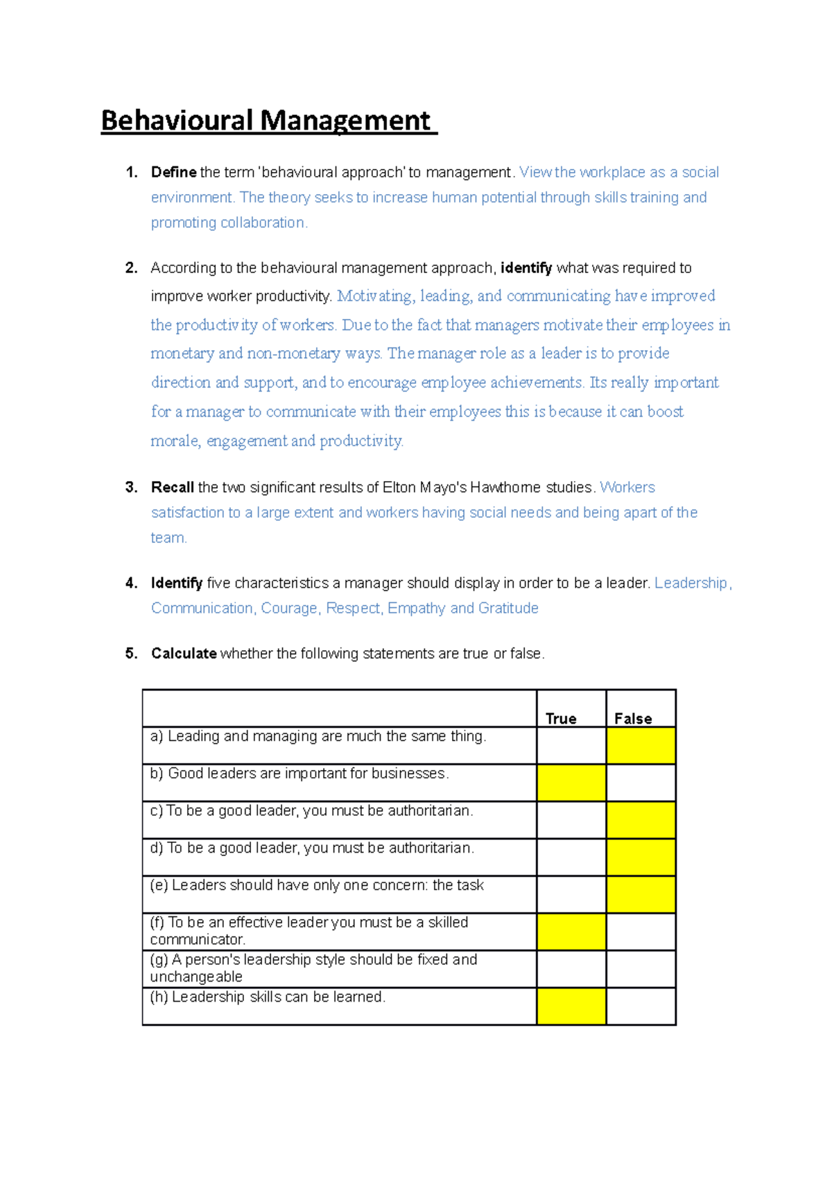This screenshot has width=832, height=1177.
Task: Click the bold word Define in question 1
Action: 173,172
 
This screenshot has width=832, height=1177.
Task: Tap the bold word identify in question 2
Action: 526,268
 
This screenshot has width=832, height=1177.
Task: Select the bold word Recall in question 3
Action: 172,487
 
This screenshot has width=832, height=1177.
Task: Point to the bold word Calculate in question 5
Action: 184,654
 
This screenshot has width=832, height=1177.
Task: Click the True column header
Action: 561,718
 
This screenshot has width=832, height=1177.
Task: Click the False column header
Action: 633,718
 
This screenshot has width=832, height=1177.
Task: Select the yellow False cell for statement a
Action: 641,746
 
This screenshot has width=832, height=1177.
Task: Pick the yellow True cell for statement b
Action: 571,783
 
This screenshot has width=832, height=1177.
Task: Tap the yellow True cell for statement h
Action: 571,1006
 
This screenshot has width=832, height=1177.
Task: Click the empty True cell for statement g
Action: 571,969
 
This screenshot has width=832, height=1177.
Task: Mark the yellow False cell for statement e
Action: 641,895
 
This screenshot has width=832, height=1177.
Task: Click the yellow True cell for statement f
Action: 571,932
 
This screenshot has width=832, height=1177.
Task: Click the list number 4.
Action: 131,583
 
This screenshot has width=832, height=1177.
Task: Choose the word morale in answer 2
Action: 174,441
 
